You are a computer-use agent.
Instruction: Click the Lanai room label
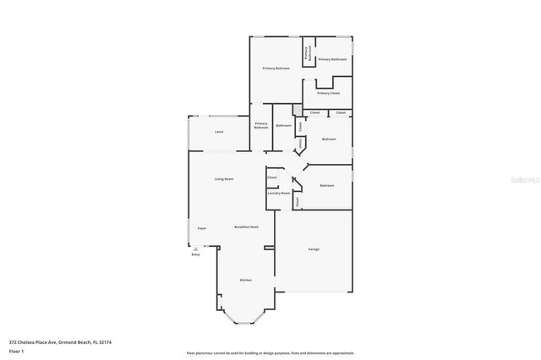click(x=219, y=133)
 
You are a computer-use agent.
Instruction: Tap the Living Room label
click(x=223, y=179)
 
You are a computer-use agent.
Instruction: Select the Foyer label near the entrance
click(x=202, y=228)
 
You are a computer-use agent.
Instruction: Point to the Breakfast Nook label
click(x=246, y=227)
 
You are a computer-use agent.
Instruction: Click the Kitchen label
click(x=245, y=280)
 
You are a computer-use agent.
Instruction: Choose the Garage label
click(x=314, y=249)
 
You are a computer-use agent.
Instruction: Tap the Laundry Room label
click(x=279, y=194)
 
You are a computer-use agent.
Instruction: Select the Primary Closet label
click(x=329, y=93)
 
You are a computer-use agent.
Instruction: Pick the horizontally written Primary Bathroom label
click(x=332, y=59)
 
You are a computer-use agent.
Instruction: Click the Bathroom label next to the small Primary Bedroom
click(x=283, y=126)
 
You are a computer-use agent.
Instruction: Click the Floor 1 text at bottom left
click(x=17, y=350)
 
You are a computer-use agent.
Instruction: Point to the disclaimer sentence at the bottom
click(x=270, y=352)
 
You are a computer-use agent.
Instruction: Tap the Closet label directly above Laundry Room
click(x=272, y=177)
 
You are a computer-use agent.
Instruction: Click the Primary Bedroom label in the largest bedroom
click(x=276, y=68)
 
